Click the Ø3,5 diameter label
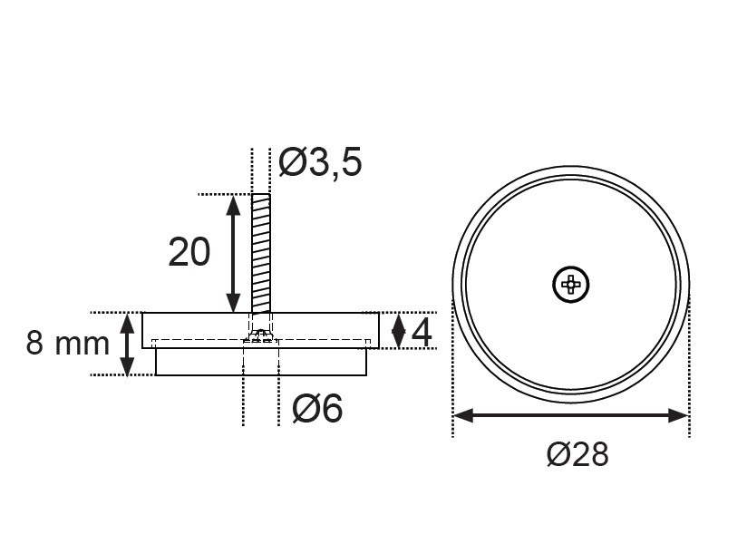click(x=320, y=162)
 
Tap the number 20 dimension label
click(x=189, y=252)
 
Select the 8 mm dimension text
click(x=68, y=343)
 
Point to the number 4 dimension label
click(x=422, y=333)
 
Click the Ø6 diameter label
click(x=317, y=408)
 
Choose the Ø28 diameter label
click(x=577, y=454)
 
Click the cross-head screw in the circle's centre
click(x=571, y=285)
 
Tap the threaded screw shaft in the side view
click(x=261, y=253)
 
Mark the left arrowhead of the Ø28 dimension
click(x=463, y=415)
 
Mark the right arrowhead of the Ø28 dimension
click(x=678, y=415)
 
